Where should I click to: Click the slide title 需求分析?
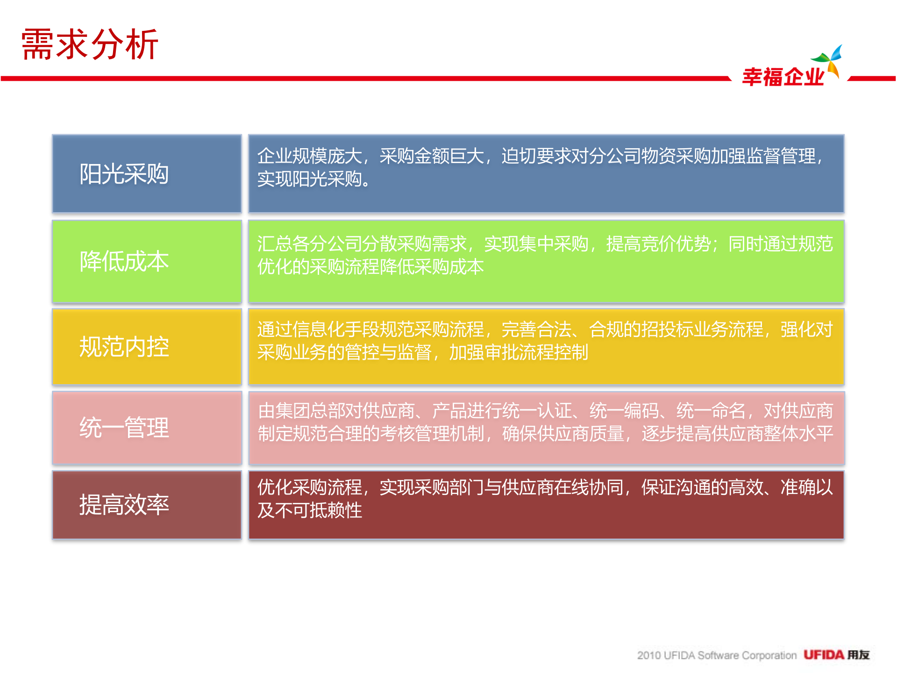click(90, 44)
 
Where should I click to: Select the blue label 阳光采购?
click(124, 174)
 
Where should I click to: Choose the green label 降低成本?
click(124, 261)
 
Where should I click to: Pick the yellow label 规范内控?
click(124, 347)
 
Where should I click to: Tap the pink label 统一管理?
click(124, 428)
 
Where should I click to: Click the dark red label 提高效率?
click(124, 505)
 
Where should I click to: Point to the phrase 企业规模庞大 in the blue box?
click(310, 156)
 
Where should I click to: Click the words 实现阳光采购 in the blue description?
click(310, 179)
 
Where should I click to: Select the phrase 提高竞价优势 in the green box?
click(659, 243)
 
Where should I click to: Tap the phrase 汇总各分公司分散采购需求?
click(362, 243)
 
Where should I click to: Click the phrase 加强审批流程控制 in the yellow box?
click(519, 352)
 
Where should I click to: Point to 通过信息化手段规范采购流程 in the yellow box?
click(370, 329)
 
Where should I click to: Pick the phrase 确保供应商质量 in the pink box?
click(563, 434)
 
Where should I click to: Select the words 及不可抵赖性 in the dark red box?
click(310, 510)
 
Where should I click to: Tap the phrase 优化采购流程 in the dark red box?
click(310, 487)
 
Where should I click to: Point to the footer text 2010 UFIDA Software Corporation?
click(717, 655)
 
